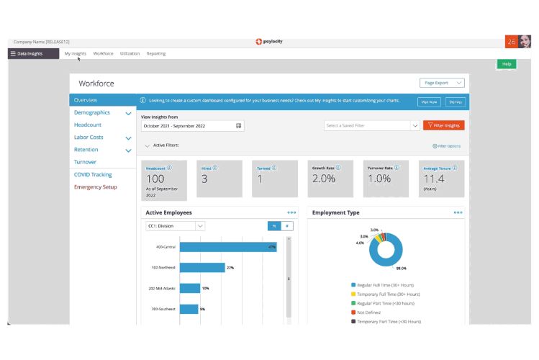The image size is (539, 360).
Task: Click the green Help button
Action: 506,64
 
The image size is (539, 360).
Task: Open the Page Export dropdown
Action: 442,83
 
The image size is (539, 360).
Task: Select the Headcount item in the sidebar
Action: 88,125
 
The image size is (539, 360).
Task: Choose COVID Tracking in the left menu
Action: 93,175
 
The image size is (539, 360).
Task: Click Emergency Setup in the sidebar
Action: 96,187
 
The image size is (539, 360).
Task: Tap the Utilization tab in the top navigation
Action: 130,53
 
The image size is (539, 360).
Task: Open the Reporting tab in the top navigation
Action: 156,53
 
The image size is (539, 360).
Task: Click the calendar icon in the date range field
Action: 238,125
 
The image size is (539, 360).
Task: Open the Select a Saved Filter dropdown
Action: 372,125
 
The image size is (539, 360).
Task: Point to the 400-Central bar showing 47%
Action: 228,247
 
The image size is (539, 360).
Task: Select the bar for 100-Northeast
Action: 202,267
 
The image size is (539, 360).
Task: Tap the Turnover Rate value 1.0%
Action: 379,179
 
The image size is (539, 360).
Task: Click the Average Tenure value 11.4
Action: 434,179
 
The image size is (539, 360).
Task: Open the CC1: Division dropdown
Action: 176,225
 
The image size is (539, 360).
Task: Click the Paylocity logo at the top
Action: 269,41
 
